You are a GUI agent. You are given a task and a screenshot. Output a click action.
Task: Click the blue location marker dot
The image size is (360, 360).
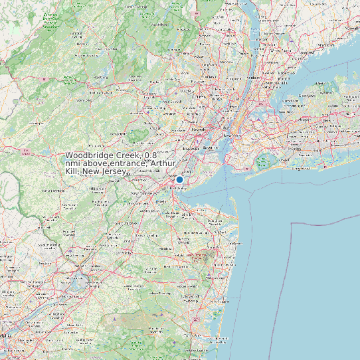(179, 179)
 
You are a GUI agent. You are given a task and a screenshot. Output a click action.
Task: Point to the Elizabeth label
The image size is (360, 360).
(191, 148)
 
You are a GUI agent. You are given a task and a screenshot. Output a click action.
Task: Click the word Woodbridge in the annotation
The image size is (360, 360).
(88, 155)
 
